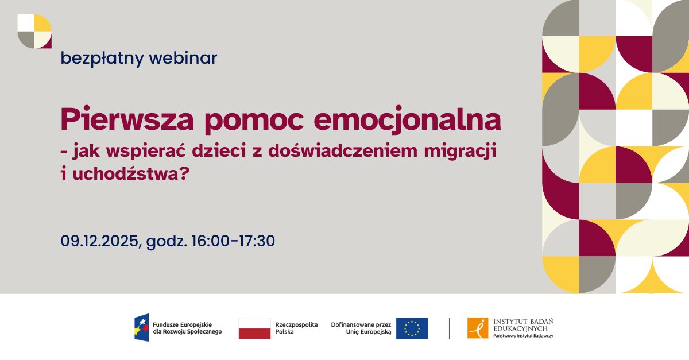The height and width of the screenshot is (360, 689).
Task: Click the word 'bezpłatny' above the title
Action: click(x=102, y=59)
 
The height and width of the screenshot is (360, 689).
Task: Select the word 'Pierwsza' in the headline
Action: click(x=127, y=119)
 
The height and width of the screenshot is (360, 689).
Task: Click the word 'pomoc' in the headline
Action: click(x=254, y=122)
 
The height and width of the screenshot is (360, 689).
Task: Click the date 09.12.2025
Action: click(x=99, y=241)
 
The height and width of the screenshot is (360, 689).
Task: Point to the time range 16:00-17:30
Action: click(x=233, y=241)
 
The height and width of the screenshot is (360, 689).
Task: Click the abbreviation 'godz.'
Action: click(x=167, y=242)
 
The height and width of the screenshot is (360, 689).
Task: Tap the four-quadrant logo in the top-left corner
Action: click(x=34, y=31)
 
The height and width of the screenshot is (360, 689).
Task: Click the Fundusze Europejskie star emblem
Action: click(x=141, y=328)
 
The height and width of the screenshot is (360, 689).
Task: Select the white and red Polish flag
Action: click(x=254, y=328)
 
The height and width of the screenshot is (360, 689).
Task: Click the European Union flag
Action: click(x=412, y=328)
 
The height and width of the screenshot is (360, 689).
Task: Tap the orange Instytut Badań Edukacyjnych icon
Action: click(x=478, y=328)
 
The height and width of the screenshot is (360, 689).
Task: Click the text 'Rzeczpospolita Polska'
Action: click(x=296, y=328)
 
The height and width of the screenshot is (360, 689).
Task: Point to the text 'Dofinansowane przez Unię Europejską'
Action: click(x=361, y=328)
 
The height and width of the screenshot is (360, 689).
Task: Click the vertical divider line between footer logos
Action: click(x=450, y=328)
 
